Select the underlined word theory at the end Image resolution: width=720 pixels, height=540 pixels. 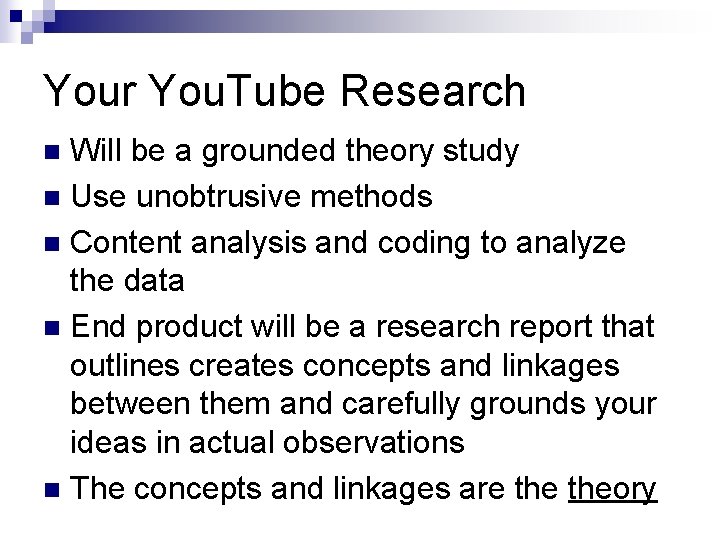612,490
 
